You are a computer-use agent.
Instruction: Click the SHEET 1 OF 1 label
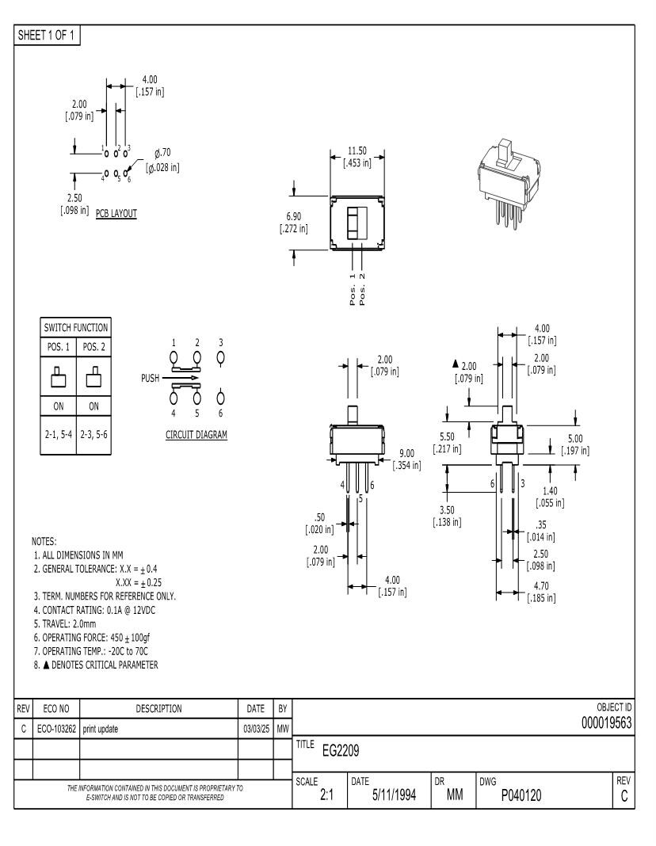[47, 35]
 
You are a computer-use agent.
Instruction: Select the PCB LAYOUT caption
[116, 213]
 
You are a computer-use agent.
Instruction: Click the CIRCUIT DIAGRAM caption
[196, 434]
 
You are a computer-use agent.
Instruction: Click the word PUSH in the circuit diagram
[151, 379]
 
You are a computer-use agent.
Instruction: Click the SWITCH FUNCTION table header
[75, 327]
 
